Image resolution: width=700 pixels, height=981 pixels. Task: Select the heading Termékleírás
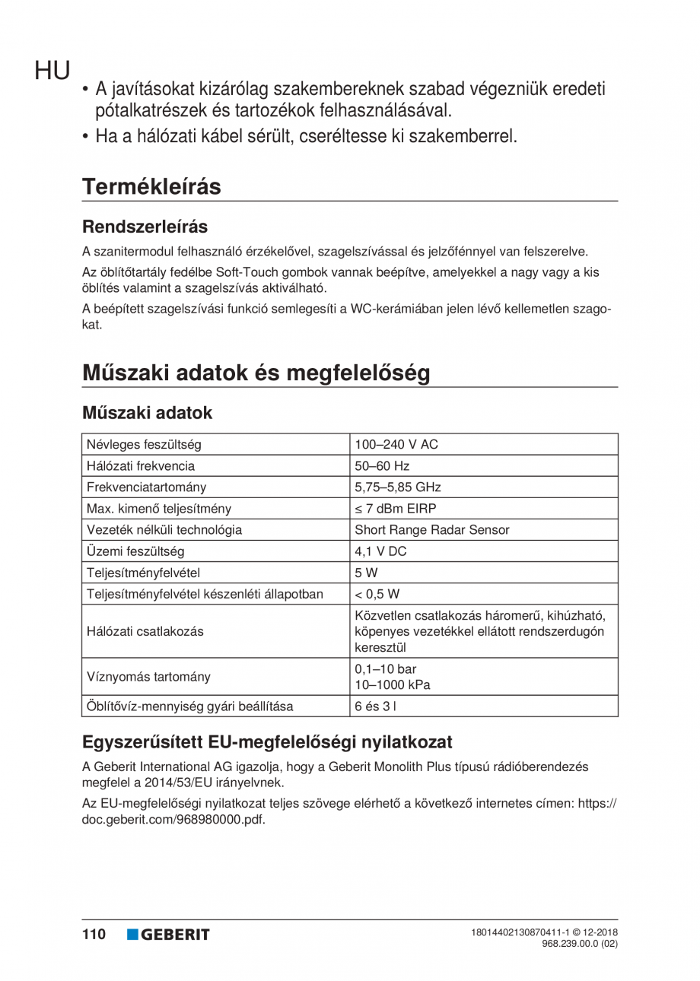151,186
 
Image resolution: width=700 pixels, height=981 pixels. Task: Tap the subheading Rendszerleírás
145,227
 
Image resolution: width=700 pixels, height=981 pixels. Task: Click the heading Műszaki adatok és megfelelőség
256,373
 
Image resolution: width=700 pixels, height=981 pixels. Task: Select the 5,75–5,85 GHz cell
397,487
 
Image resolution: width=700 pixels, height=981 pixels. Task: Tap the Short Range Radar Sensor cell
432,529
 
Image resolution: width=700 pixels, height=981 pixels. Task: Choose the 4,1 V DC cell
380,551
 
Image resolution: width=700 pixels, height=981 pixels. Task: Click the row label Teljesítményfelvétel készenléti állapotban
205,593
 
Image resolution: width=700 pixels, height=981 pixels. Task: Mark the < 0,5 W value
377,593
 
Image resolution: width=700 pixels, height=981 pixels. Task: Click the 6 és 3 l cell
375,706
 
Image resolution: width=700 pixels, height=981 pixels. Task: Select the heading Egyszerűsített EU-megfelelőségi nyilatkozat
267,741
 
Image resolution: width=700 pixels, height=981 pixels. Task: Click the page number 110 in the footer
94,934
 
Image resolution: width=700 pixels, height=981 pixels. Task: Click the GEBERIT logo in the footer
168,934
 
